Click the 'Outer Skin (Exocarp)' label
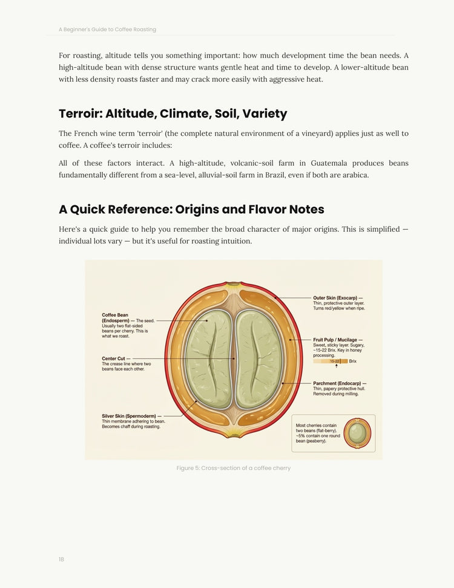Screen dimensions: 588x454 tap(337, 298)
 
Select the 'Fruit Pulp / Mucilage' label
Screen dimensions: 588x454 tap(337, 340)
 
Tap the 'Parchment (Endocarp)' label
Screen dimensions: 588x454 tap(339, 383)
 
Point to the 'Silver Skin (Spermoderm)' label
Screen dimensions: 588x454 tap(131, 416)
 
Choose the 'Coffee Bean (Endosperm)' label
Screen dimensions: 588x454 tap(115, 315)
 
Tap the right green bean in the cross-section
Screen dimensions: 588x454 tap(258, 358)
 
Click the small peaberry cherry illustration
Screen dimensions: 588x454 tap(357, 433)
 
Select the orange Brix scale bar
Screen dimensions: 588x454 tap(330, 361)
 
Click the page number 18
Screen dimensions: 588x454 tap(61, 560)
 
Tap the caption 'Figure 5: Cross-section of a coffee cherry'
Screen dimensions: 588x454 tap(233, 468)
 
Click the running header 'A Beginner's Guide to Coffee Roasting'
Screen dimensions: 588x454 tap(107, 29)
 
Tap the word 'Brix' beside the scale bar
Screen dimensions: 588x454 tap(353, 361)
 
